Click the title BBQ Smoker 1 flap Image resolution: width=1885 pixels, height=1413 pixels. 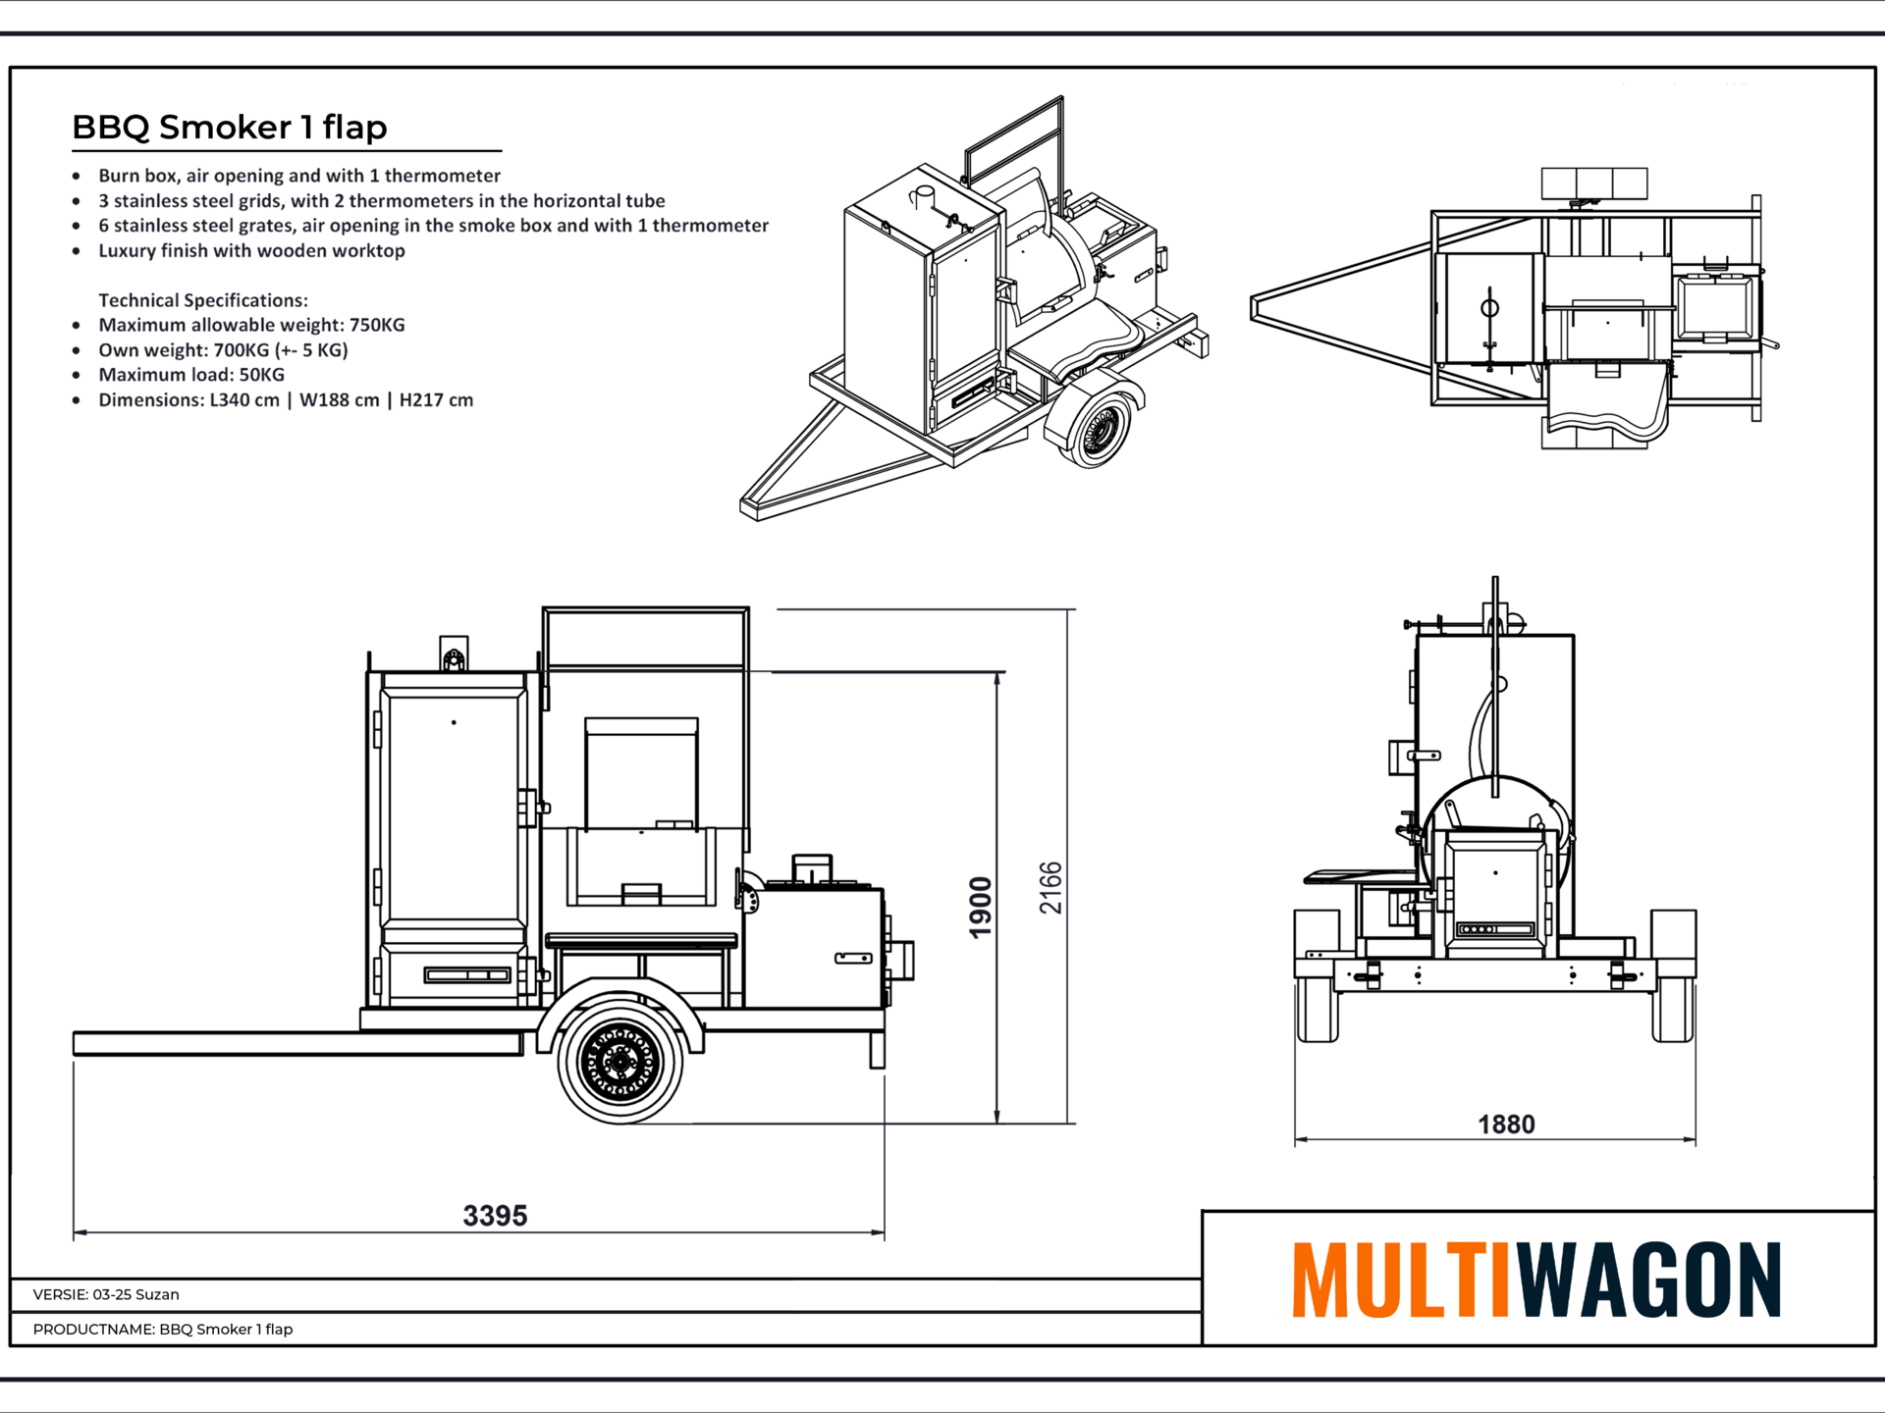230,128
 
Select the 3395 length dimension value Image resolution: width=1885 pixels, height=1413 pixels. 495,1216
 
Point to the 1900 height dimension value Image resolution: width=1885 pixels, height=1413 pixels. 981,908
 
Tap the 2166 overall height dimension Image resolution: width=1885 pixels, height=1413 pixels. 1050,888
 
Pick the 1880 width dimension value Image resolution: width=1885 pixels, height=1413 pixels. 1506,1125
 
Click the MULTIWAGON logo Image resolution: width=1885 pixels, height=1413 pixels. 1536,1280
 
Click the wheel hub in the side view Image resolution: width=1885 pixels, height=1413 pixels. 620,1061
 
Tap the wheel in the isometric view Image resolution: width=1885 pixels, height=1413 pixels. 1097,428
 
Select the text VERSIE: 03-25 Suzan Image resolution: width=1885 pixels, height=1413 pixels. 106,1294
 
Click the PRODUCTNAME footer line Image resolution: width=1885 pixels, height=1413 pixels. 163,1329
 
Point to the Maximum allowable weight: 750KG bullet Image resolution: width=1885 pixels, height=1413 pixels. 251,325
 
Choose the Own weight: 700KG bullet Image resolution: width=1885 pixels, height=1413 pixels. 223,350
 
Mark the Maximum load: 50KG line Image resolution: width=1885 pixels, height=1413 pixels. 191,375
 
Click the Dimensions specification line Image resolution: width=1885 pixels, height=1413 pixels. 286,400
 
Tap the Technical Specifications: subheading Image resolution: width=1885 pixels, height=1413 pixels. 203,300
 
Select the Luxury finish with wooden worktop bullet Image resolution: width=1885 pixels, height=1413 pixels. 251,250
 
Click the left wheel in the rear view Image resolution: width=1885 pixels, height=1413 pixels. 1317,976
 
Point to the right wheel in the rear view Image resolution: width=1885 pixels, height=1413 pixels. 1673,976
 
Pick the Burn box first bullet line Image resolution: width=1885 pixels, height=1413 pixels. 299,176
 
